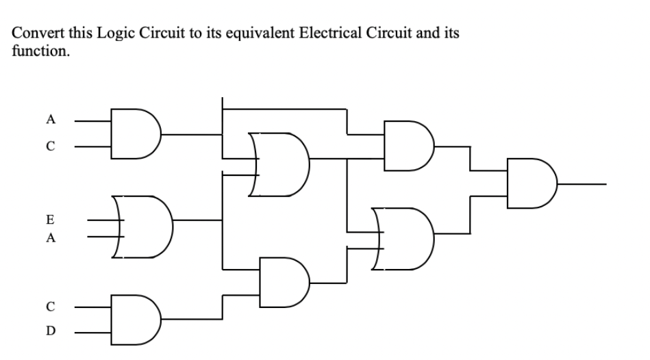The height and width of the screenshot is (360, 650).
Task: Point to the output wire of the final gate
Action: click(582, 184)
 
